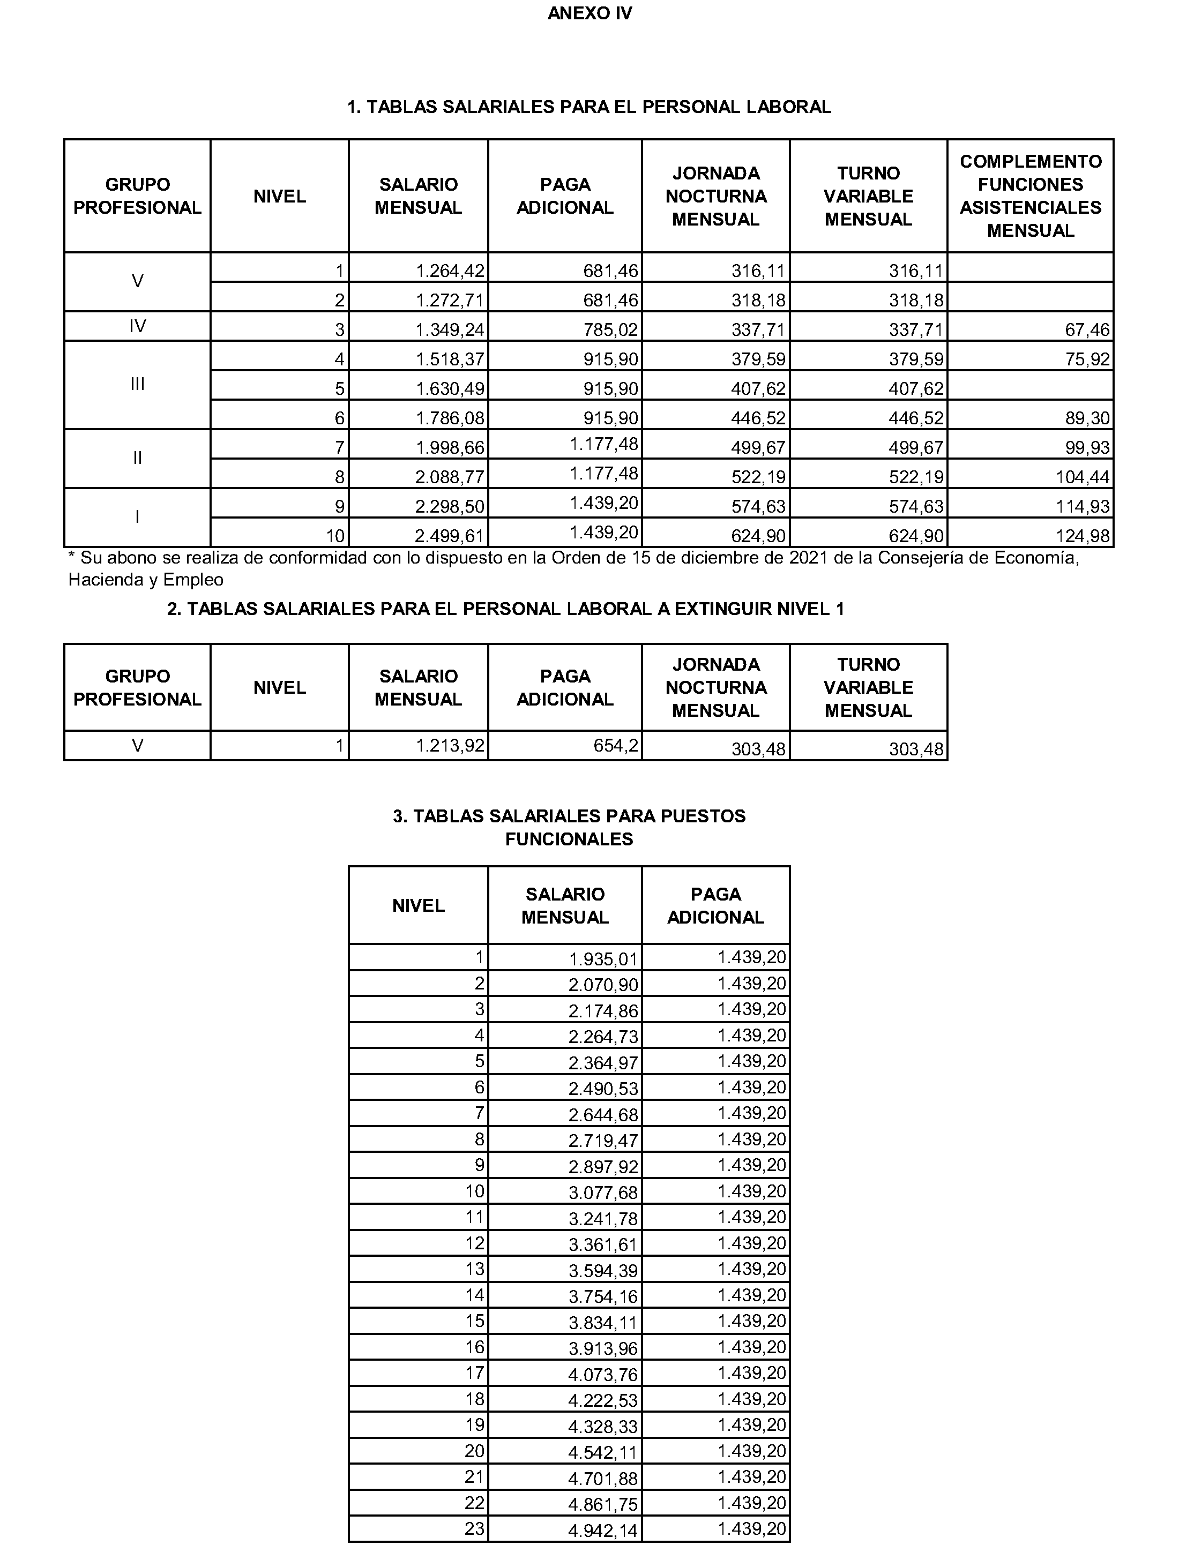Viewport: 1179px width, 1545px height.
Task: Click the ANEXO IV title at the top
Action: point(589,13)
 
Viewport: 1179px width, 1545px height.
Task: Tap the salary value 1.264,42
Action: point(450,271)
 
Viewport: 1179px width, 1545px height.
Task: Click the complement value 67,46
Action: point(1087,330)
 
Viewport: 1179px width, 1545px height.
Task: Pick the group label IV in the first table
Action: point(138,326)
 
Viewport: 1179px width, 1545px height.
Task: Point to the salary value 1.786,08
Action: point(450,419)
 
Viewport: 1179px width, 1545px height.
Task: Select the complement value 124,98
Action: point(1083,537)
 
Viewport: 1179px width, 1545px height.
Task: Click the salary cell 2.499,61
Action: point(450,537)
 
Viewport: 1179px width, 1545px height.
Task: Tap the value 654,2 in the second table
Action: point(615,745)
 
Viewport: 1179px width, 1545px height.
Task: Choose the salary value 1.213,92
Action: point(450,745)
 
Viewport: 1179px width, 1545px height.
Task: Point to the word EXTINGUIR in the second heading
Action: point(723,609)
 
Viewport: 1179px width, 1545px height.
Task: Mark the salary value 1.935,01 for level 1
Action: point(603,959)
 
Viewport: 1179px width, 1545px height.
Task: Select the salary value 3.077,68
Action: point(603,1193)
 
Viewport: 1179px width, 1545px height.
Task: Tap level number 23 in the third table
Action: point(474,1529)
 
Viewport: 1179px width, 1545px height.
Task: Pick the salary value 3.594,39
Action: point(603,1271)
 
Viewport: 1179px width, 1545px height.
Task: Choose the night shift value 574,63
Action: point(758,507)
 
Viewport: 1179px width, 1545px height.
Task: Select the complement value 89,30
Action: point(1087,419)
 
